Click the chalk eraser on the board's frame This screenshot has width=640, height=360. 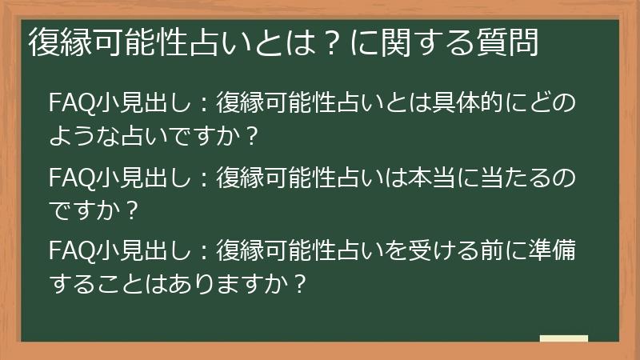(563, 339)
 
